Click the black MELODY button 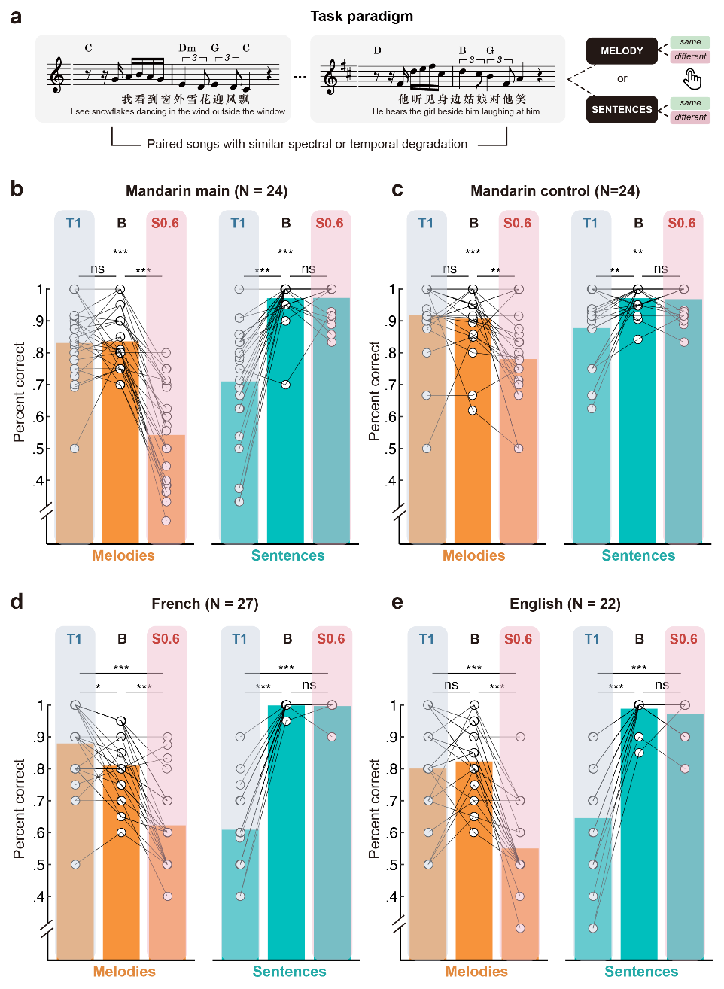[x=622, y=51]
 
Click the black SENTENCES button [x=622, y=109]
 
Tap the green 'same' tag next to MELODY [x=690, y=42]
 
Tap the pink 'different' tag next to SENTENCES [x=690, y=117]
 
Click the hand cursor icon [x=692, y=78]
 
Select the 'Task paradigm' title [x=361, y=16]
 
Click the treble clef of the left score [x=57, y=76]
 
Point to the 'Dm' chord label [x=187, y=48]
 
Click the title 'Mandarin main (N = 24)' [x=206, y=190]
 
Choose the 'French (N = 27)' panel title [x=205, y=604]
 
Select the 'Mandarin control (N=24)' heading [x=555, y=190]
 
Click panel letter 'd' [x=17, y=601]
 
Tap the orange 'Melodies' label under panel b [x=123, y=555]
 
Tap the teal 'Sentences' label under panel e [x=641, y=972]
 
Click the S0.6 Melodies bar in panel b [x=166, y=489]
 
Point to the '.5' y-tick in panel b [x=39, y=449]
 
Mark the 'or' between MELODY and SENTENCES [x=622, y=78]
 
